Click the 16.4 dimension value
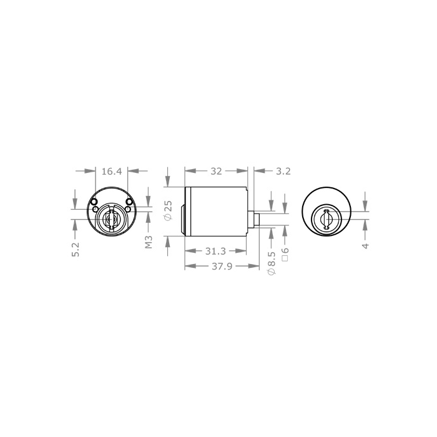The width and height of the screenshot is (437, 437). pyautogui.click(x=112, y=172)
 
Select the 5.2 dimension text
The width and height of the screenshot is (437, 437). pyautogui.click(x=76, y=250)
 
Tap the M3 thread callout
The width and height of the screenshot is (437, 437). pyautogui.click(x=149, y=242)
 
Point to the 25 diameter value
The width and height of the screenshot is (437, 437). pyautogui.click(x=169, y=206)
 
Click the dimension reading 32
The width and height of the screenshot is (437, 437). pyautogui.click(x=216, y=171)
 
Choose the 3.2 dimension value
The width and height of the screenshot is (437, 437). pyautogui.click(x=283, y=171)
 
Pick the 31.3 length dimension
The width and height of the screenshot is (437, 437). pyautogui.click(x=215, y=252)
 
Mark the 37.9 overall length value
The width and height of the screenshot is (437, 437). pyautogui.click(x=222, y=267)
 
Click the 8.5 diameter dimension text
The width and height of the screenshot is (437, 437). pyautogui.click(x=272, y=258)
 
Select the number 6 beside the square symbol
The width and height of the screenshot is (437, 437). pyautogui.click(x=285, y=250)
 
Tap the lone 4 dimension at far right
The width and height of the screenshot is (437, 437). pyautogui.click(x=365, y=245)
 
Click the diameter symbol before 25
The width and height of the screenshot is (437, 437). pyautogui.click(x=169, y=217)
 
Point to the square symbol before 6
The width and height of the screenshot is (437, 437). pyautogui.click(x=285, y=258)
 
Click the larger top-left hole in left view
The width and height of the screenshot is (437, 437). pyautogui.click(x=94, y=202)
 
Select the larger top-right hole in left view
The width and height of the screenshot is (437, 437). pyautogui.click(x=129, y=202)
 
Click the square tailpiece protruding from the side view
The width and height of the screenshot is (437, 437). pyautogui.click(x=257, y=219)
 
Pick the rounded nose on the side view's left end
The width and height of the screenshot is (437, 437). pyautogui.click(x=183, y=219)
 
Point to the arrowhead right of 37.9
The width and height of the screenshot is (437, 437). pyautogui.click(x=253, y=266)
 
